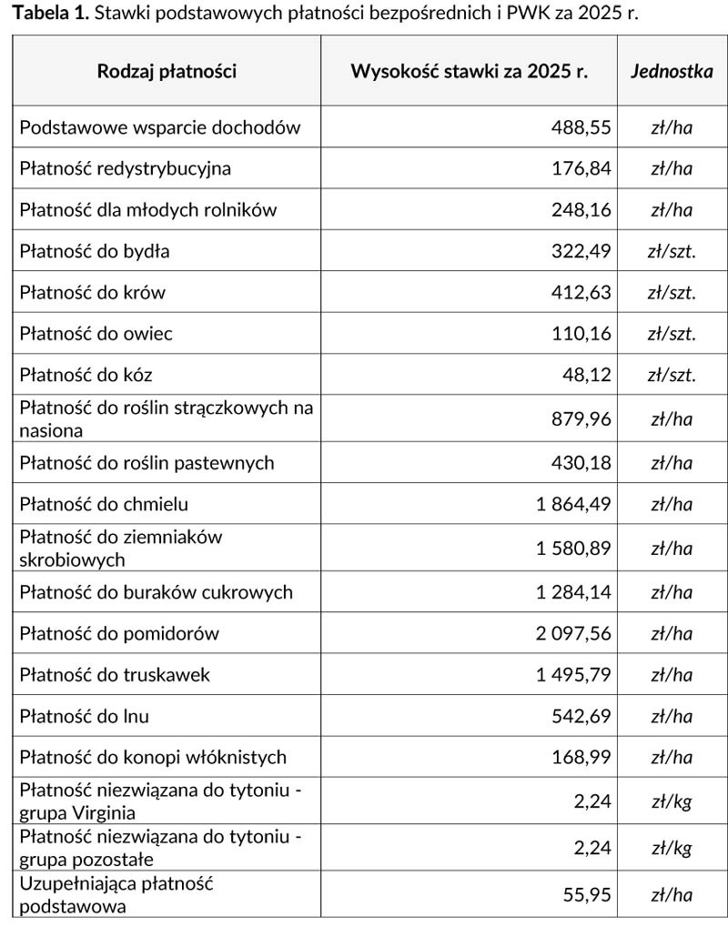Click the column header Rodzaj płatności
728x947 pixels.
coord(167,72)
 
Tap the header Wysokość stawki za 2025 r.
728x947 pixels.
coord(469,72)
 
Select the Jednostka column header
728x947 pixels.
coord(672,72)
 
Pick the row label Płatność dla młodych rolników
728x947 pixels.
coord(148,210)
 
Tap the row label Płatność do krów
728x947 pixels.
coord(93,293)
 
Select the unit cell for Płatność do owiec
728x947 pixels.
coord(672,334)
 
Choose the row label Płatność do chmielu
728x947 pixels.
coord(105,504)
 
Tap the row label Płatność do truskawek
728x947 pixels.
coord(115,675)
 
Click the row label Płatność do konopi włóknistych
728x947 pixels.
coord(153,757)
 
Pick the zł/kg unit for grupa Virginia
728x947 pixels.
coord(672,801)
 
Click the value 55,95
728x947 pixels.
coord(587,895)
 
